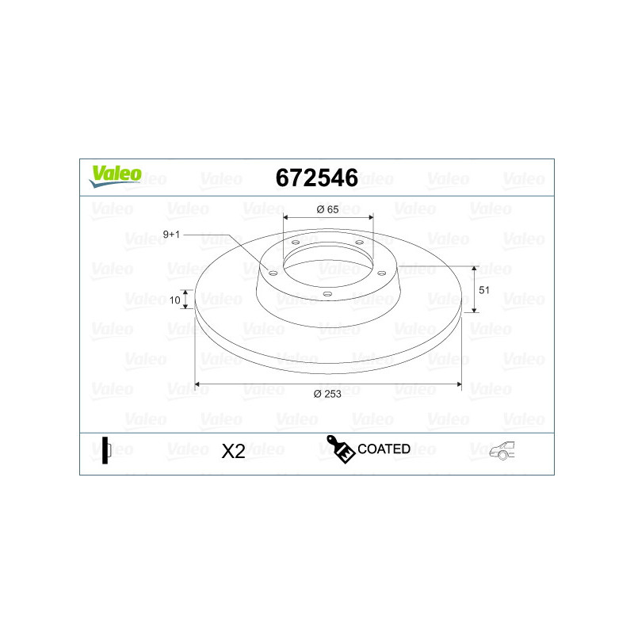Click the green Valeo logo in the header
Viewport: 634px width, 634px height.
(116, 176)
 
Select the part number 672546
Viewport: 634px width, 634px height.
(316, 178)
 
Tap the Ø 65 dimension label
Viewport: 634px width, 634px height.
(327, 209)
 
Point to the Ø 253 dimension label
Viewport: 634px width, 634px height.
(327, 394)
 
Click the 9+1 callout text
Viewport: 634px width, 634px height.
(171, 235)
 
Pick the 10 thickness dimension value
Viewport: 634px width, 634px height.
(174, 300)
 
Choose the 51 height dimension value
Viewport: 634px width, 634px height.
(484, 290)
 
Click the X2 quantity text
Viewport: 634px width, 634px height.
(233, 451)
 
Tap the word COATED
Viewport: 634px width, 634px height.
(384, 449)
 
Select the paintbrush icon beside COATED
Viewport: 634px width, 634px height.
(341, 449)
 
